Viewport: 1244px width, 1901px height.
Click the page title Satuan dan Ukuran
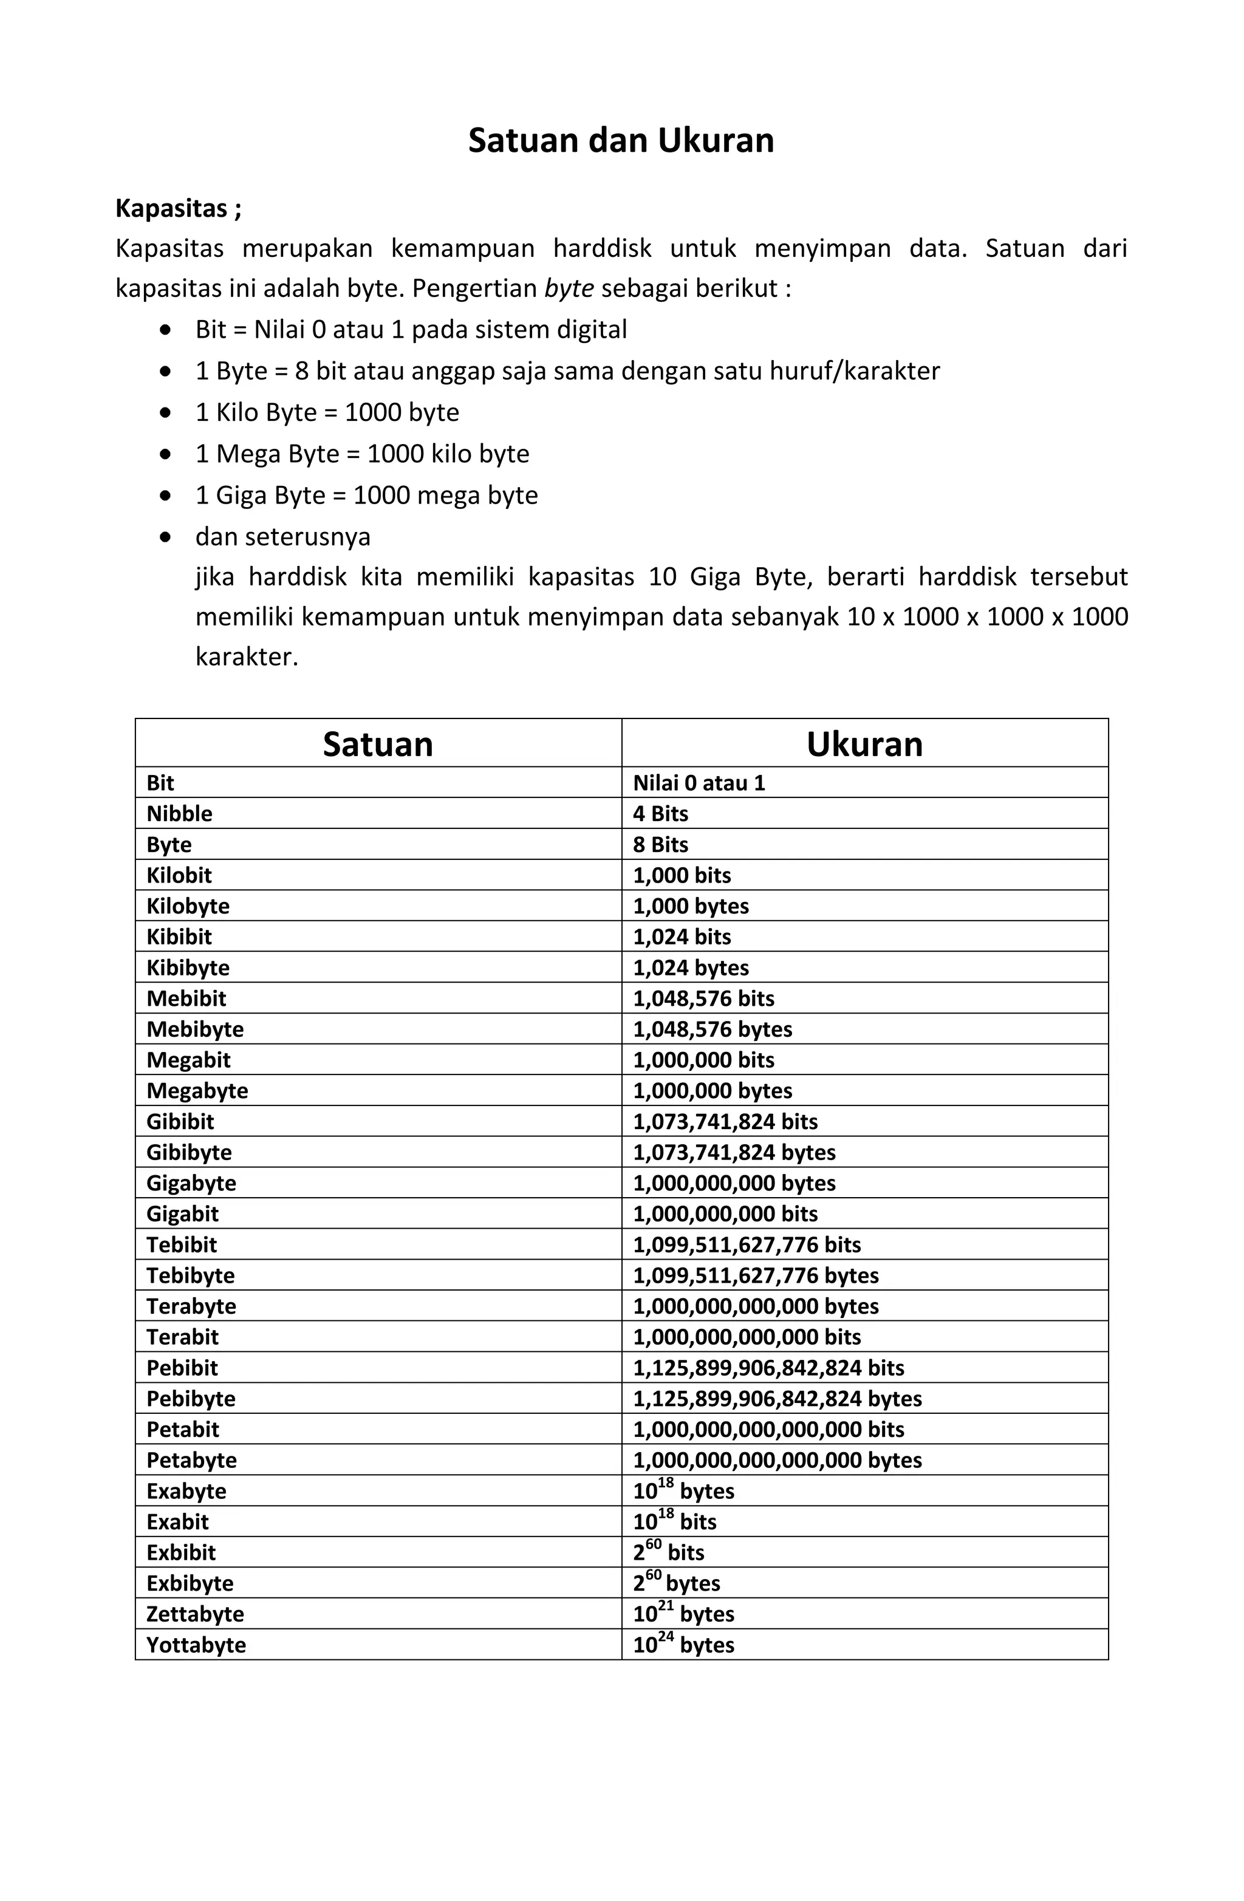point(621,140)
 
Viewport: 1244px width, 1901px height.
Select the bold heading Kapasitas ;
point(178,208)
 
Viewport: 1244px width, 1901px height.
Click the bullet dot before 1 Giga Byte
point(165,495)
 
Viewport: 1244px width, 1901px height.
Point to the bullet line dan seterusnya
point(283,537)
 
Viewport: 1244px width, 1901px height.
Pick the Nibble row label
point(180,814)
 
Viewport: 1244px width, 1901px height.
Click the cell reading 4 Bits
point(661,814)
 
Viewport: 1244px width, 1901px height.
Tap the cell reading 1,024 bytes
point(691,968)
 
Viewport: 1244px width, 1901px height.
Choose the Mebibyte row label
point(195,1029)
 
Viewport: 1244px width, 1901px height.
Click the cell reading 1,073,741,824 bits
point(725,1122)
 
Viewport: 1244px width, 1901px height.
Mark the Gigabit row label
point(182,1214)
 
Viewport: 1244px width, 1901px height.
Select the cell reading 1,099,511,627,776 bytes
point(756,1275)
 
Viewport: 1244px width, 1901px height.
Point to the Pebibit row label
point(182,1368)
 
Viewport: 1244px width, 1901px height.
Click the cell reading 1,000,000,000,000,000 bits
point(768,1430)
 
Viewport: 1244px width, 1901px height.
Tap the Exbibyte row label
point(190,1583)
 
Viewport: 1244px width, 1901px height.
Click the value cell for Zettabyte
point(684,1614)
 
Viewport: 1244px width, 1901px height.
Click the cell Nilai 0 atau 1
point(699,783)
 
